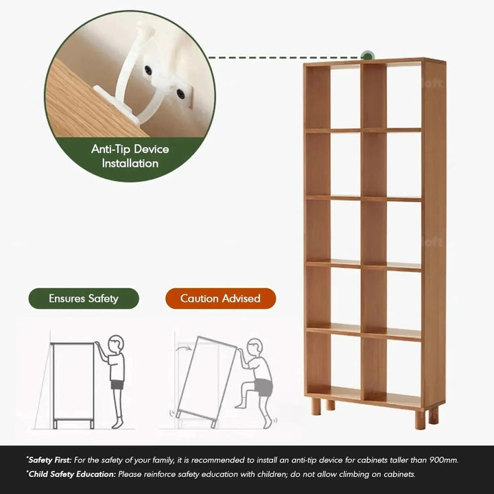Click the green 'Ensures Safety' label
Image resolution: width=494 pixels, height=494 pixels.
[83, 298]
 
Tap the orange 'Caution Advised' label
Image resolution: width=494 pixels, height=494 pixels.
[220, 298]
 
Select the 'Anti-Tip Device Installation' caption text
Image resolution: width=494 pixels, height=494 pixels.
[130, 156]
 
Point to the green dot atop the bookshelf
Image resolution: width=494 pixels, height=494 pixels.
[368, 55]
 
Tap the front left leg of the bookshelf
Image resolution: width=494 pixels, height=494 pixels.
[315, 406]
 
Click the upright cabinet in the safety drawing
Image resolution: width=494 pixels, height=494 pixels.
[73, 381]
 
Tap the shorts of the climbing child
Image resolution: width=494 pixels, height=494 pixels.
[263, 388]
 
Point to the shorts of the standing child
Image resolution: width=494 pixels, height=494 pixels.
[117, 385]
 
